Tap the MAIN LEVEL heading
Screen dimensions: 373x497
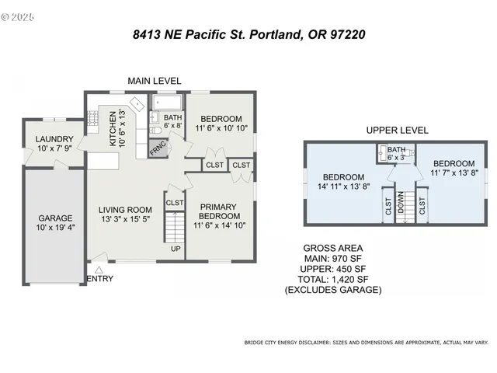[x=155, y=81]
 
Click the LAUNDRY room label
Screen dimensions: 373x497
[x=54, y=144]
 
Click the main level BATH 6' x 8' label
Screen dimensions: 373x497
[x=172, y=121]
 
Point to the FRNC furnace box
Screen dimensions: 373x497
[x=158, y=147]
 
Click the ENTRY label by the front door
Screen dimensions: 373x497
[x=100, y=279]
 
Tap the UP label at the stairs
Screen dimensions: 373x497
[x=176, y=249]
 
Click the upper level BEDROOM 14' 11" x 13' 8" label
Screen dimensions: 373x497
[x=343, y=181]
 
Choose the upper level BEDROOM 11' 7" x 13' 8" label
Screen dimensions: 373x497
[x=453, y=169]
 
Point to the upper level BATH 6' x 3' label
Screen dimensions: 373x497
[x=396, y=153]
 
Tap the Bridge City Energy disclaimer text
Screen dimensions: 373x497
[x=366, y=342]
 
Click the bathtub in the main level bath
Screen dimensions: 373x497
[x=167, y=102]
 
